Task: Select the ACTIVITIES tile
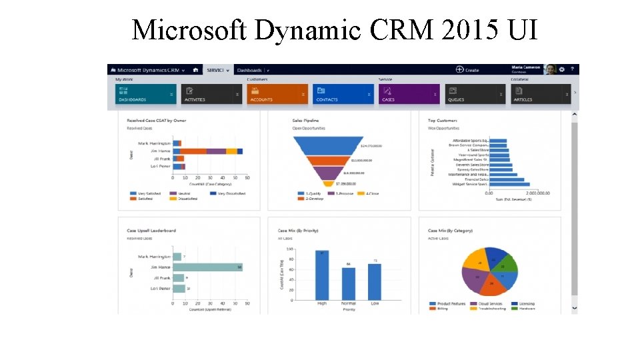[211, 94]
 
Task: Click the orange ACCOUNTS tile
[277, 94]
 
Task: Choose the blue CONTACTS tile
[343, 94]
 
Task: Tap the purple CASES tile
[409, 94]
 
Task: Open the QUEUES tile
[475, 94]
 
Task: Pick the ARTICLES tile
[540, 94]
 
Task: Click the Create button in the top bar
[467, 69]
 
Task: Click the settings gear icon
[562, 69]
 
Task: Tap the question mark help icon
[572, 69]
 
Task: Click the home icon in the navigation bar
[195, 69]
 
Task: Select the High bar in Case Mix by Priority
[322, 275]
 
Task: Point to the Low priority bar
[375, 281]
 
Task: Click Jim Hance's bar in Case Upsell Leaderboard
[207, 267]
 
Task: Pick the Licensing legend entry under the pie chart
[525, 304]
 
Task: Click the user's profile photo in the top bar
[550, 69]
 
